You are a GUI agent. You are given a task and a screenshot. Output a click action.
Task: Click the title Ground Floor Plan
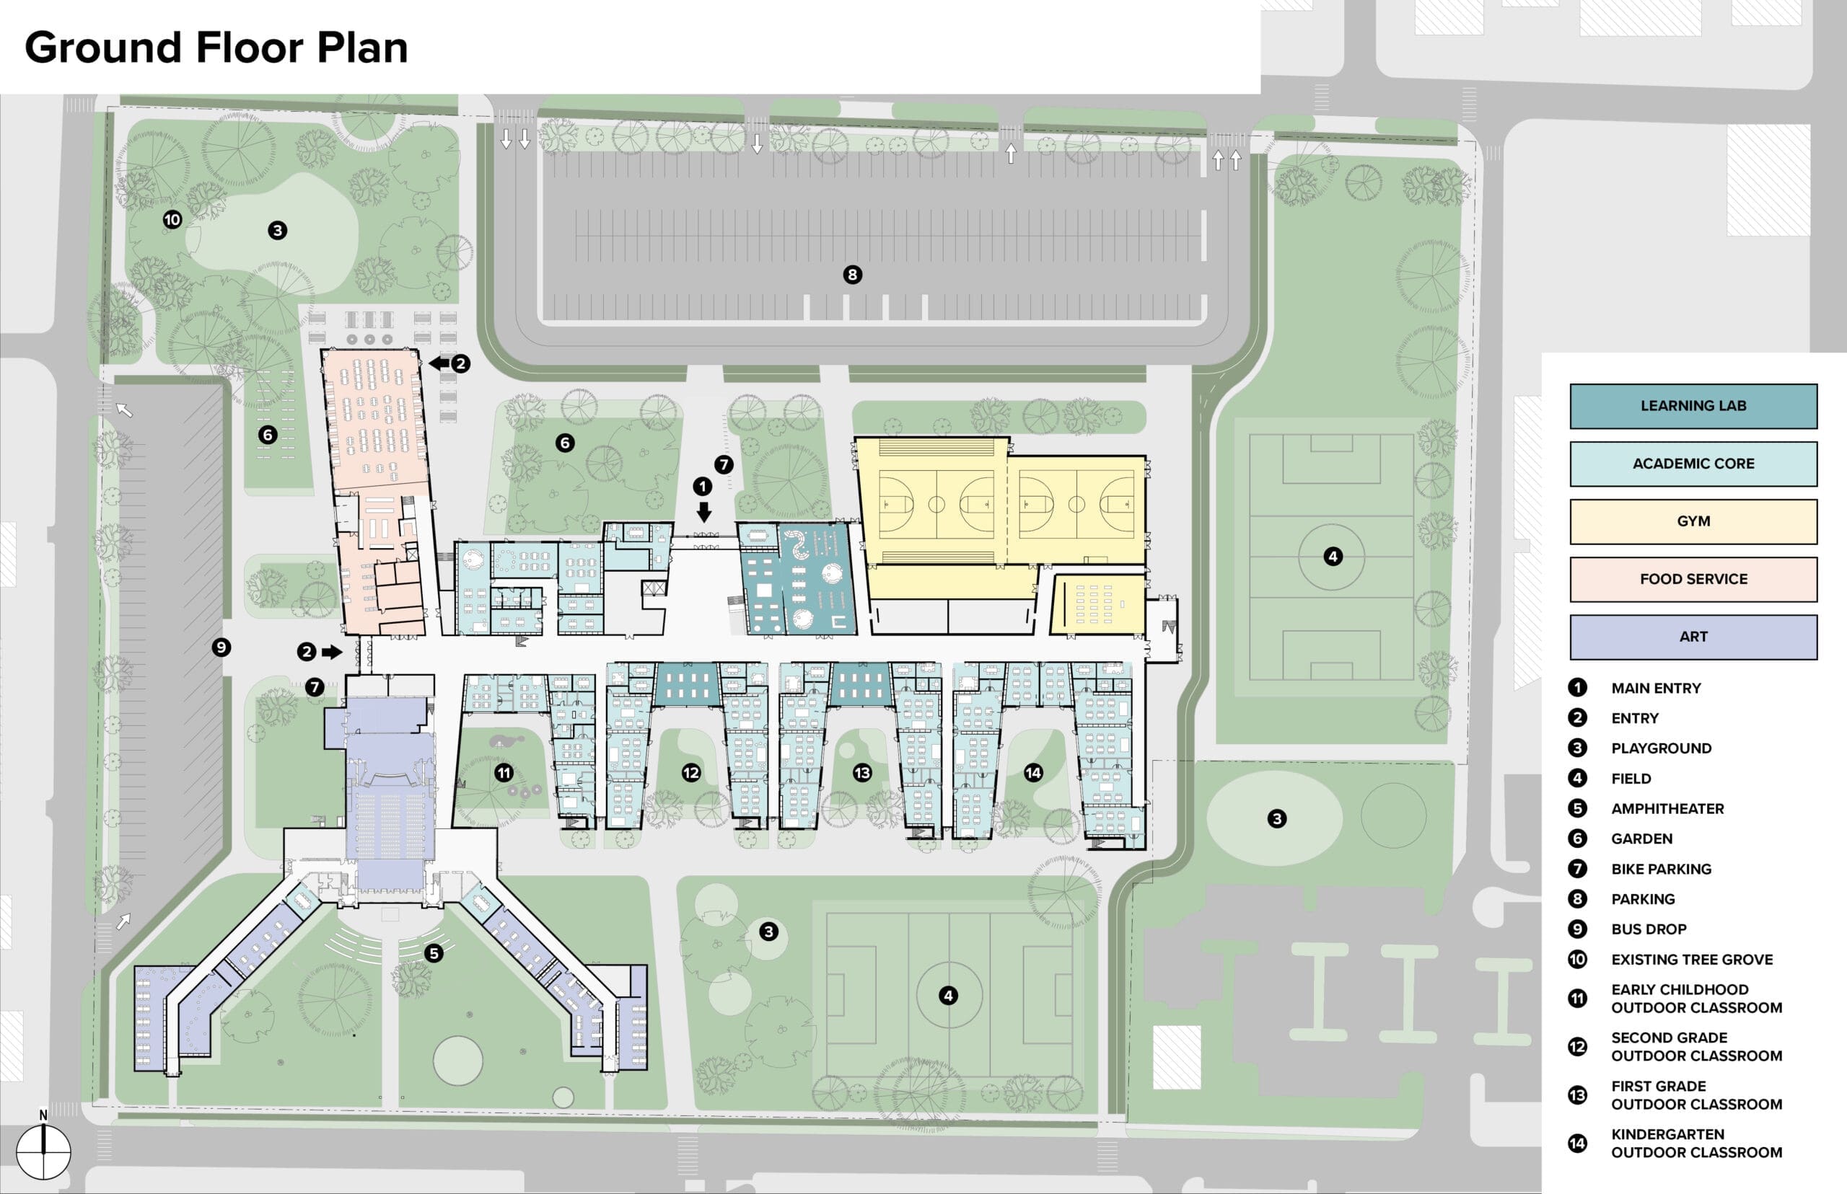216,48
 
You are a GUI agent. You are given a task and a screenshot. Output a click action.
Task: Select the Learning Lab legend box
1693,405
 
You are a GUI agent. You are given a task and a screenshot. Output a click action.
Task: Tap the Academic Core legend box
1693,464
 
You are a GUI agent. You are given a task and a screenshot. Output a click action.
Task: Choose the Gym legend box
1693,521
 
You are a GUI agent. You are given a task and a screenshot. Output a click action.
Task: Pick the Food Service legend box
1693,579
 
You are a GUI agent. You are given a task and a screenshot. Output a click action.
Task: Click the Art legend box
1693,637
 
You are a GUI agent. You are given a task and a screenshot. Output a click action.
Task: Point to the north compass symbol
43,1151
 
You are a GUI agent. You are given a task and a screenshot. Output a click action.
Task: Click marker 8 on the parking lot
853,275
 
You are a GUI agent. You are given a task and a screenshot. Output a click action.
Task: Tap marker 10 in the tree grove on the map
172,219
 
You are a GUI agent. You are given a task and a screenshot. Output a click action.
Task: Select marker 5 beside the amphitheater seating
434,953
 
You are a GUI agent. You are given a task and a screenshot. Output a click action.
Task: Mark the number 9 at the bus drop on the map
221,647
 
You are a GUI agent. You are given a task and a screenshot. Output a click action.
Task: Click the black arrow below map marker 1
703,512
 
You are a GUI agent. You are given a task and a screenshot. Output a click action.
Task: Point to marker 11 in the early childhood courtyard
504,772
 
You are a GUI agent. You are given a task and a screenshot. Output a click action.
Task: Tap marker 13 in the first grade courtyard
862,772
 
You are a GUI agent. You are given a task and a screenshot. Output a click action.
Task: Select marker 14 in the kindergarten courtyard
1033,772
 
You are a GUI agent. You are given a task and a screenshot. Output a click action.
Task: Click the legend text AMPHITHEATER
1668,809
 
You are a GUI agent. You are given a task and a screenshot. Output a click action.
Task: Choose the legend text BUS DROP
1649,929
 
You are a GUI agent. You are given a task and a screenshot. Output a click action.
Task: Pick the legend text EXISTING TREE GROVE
1692,959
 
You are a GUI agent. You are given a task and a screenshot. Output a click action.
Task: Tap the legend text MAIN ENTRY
1657,689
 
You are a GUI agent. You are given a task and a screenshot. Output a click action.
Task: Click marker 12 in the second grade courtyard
690,772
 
